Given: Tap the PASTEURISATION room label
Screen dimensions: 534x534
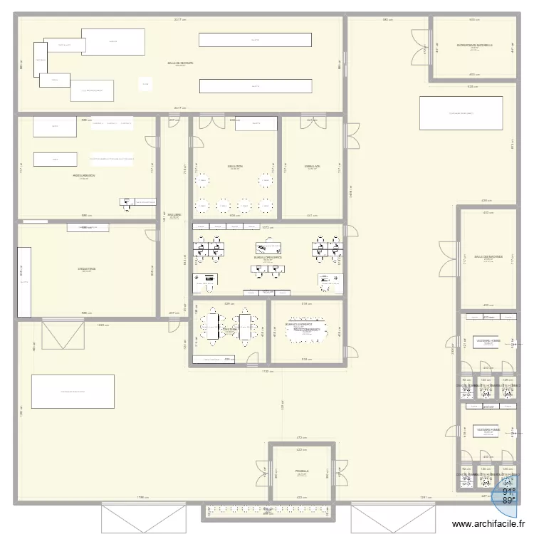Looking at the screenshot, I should tap(83, 175).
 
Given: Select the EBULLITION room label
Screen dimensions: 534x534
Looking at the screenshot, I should tap(235, 167).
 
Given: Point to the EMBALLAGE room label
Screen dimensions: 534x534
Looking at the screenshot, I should tap(313, 167).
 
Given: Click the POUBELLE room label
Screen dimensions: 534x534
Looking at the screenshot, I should tap(301, 471).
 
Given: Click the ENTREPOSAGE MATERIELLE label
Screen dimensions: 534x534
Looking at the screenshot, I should tap(473, 46).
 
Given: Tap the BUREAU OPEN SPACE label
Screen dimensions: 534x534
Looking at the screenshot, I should tap(268, 258).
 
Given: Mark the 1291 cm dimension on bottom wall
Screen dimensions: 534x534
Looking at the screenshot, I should tap(425, 498).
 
